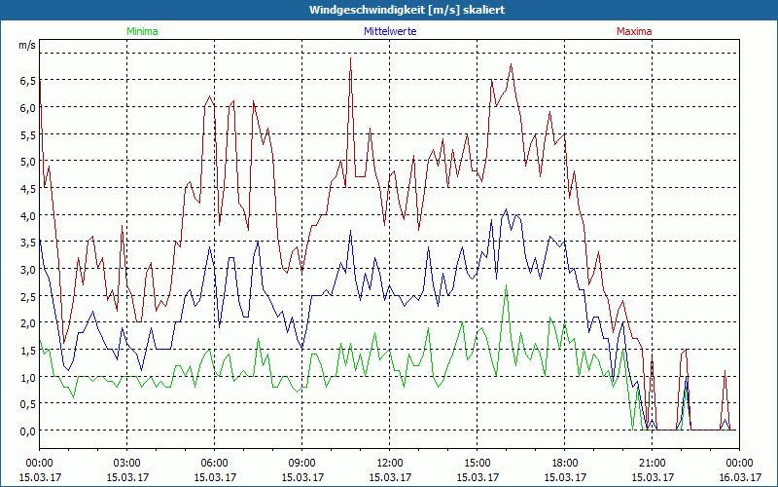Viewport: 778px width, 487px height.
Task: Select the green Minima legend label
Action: point(141,31)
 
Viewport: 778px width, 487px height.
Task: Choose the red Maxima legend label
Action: point(634,31)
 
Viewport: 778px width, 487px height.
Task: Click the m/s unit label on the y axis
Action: point(26,46)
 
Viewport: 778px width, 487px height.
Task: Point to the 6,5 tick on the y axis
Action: point(26,81)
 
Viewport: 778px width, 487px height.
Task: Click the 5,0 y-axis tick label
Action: point(26,162)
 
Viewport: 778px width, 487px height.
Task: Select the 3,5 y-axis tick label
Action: point(26,243)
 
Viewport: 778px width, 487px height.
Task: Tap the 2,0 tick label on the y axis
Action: point(26,323)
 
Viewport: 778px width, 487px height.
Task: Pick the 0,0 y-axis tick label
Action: point(26,431)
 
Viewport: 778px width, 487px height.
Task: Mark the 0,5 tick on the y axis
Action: point(26,404)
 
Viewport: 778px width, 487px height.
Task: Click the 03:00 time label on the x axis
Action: point(126,463)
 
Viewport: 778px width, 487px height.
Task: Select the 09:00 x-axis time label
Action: point(301,463)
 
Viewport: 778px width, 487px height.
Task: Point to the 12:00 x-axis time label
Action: point(389,463)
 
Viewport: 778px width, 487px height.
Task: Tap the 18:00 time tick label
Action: point(564,463)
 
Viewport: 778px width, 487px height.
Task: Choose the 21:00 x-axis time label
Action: point(652,463)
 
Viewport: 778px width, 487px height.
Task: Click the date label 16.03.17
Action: point(739,477)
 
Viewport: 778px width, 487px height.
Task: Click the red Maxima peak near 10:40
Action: point(350,58)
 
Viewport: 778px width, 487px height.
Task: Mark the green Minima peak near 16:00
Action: point(506,285)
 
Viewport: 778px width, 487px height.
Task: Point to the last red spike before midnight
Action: point(725,371)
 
